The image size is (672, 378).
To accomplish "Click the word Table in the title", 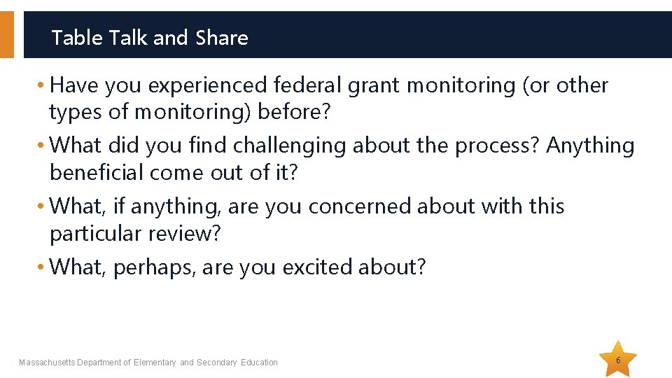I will (78, 38).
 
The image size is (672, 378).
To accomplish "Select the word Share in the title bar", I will (222, 38).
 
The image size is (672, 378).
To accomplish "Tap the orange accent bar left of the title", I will (7, 34).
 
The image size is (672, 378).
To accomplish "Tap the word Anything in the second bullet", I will (590, 146).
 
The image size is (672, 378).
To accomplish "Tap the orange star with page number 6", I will (618, 360).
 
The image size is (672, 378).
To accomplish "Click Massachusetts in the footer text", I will (47, 363).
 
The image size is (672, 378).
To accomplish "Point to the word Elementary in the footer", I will (155, 363).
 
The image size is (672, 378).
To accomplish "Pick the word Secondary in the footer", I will (217, 363).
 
